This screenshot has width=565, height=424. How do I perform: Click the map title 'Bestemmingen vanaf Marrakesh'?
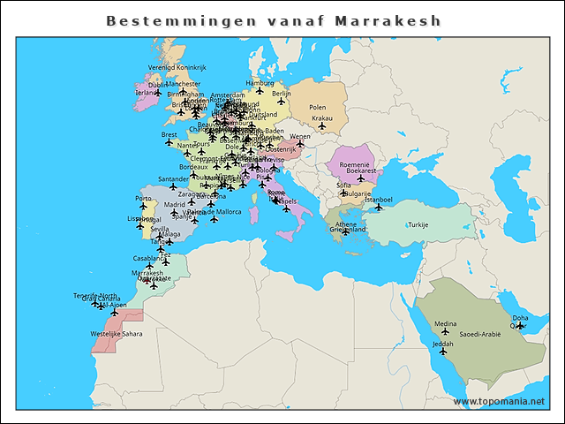274,19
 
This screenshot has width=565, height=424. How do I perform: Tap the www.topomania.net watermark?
499,402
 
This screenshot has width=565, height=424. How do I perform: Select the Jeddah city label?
444,343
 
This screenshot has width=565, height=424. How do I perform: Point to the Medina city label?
446,323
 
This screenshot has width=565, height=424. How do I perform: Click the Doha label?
521,317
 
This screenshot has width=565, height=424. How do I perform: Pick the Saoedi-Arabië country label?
481,335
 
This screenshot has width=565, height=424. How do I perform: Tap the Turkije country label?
418,225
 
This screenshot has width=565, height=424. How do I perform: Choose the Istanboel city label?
378,200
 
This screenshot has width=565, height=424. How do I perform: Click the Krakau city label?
323,117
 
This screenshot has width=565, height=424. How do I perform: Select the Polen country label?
318,107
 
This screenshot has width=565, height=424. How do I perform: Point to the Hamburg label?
260,82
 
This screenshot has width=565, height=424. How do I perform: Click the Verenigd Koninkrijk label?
177,67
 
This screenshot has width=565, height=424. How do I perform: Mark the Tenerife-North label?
95,295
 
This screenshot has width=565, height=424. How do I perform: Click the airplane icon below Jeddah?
443,352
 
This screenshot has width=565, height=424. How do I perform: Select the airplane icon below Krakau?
322,125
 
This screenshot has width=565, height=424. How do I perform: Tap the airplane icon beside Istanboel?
380,208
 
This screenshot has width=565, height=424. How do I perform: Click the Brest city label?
169,135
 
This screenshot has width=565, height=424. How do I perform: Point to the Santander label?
173,179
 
